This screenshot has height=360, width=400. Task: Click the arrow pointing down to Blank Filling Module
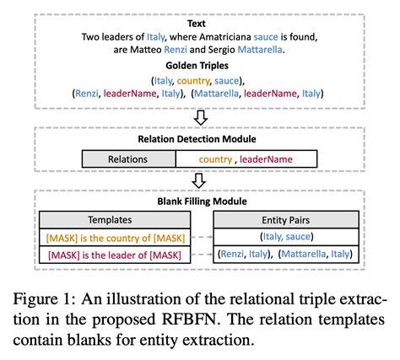tap(199, 180)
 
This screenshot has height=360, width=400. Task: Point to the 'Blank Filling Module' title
tap(199, 202)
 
